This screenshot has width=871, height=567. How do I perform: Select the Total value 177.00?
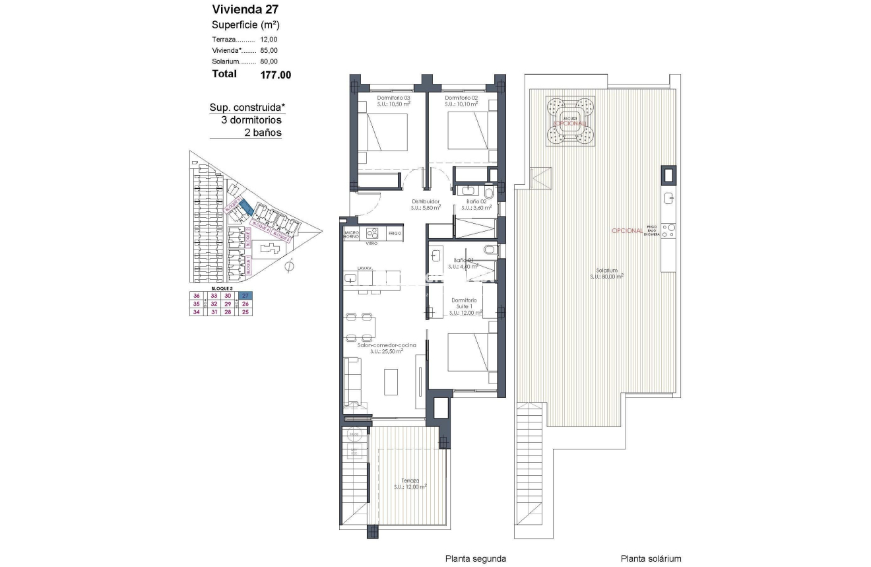pyautogui.click(x=276, y=75)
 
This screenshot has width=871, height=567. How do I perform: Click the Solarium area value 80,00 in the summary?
pyautogui.click(x=269, y=61)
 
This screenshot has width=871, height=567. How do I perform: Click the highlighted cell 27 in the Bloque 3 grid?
pyautogui.click(x=245, y=296)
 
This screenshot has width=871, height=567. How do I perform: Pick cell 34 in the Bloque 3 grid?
pyautogui.click(x=196, y=312)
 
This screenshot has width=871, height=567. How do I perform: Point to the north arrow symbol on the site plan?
pyautogui.click(x=288, y=267)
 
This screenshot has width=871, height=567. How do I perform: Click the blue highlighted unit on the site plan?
pyautogui.click(x=245, y=207)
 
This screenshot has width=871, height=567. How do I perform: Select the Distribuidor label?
pyautogui.click(x=426, y=202)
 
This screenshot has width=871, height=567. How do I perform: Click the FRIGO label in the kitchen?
pyautogui.click(x=395, y=234)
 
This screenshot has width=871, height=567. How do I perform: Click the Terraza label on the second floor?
pyautogui.click(x=410, y=481)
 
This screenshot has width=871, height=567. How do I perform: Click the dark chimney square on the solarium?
pyautogui.click(x=668, y=175)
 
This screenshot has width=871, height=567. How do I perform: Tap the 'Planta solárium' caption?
pyautogui.click(x=651, y=558)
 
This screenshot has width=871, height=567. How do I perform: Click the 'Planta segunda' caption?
pyautogui.click(x=475, y=558)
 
